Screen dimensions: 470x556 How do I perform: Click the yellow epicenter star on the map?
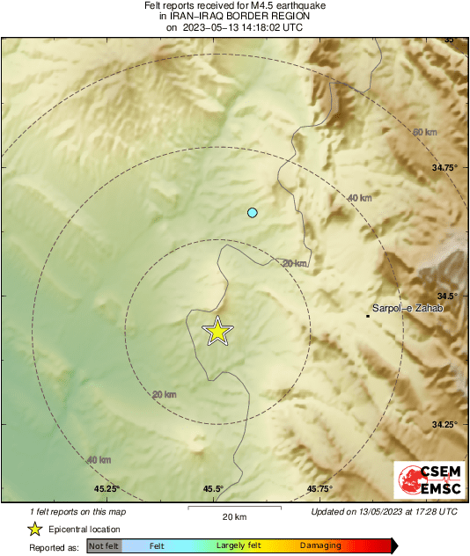(x=217, y=332)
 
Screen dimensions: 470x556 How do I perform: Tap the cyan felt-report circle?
(x=253, y=212)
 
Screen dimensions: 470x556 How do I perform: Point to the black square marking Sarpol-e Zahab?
(x=368, y=315)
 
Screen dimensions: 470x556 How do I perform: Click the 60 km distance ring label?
(x=424, y=132)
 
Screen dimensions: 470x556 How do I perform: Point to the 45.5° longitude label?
(x=213, y=489)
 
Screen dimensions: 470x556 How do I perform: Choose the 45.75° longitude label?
(x=319, y=489)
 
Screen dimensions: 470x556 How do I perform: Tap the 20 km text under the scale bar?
(x=233, y=516)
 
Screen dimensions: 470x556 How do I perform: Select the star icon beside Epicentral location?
(x=34, y=530)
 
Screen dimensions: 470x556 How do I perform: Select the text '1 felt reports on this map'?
(x=78, y=511)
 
